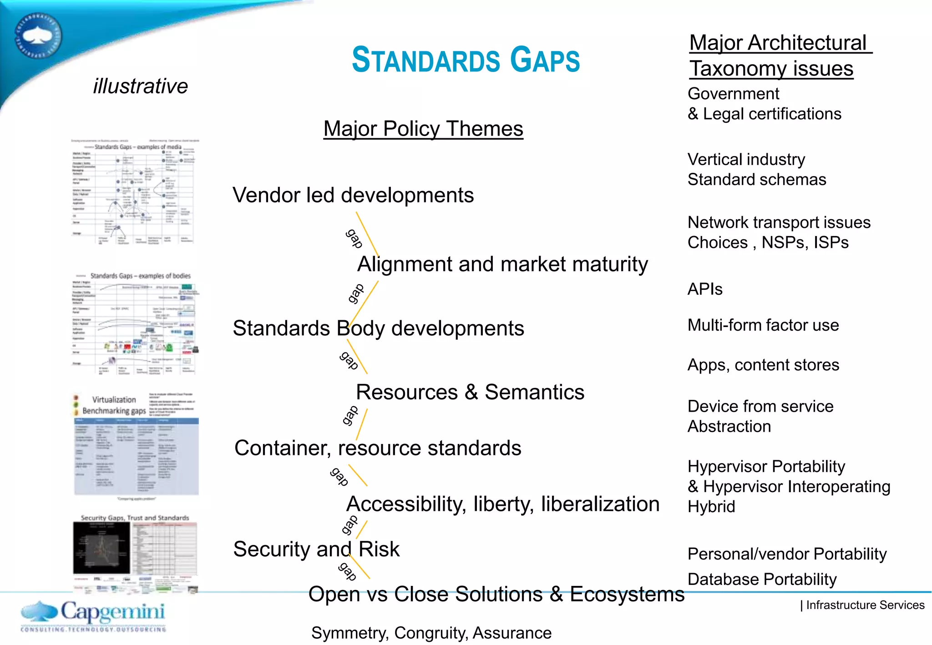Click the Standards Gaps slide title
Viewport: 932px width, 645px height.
(466, 60)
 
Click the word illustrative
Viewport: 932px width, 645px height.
(140, 86)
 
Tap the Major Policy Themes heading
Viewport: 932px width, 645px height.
(423, 129)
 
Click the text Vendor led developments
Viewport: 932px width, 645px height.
(353, 195)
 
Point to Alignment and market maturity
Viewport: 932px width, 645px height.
(502, 264)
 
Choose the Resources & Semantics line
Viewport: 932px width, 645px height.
(470, 392)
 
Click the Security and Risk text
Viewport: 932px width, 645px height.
(316, 549)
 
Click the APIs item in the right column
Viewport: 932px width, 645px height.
(705, 289)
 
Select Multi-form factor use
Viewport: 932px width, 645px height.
(763, 325)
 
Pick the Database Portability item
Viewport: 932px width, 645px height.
(762, 579)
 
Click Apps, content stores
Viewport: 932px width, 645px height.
(763, 365)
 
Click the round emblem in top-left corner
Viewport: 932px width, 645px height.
(38, 36)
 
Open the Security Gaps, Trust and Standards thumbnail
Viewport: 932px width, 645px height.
(135, 553)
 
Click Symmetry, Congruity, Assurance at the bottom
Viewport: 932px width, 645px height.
(431, 633)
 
